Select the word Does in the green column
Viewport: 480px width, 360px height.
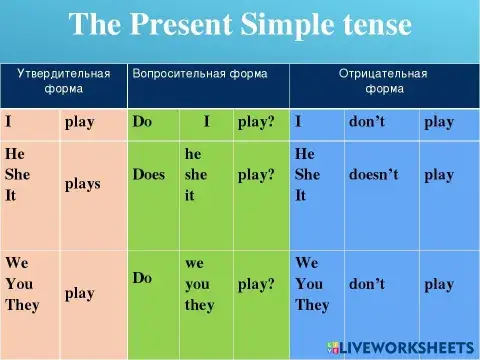pos(149,174)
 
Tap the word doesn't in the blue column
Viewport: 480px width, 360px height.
pos(373,174)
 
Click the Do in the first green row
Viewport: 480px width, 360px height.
pos(142,122)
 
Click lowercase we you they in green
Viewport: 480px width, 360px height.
pos(200,284)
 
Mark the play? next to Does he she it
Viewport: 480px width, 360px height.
pos(256,174)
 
